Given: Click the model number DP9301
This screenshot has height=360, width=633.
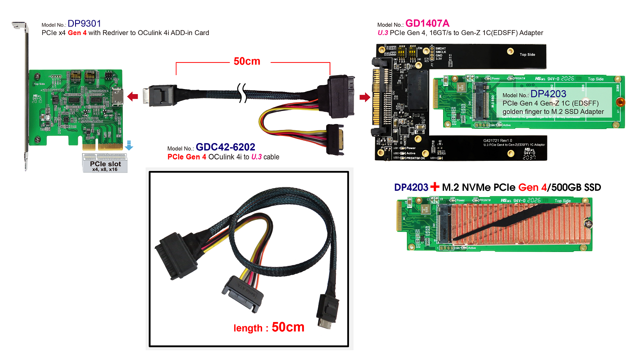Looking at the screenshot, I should pyautogui.click(x=84, y=24).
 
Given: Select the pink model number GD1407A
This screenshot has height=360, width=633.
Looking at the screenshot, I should pyautogui.click(x=427, y=24).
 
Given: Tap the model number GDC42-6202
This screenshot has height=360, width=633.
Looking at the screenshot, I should pyautogui.click(x=225, y=147).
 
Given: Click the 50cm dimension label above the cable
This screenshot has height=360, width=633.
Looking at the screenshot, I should pyautogui.click(x=247, y=62).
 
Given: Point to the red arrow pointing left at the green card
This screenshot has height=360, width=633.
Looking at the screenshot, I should pyautogui.click(x=133, y=97).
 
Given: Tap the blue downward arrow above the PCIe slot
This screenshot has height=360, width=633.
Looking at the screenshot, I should pyautogui.click(x=129, y=146).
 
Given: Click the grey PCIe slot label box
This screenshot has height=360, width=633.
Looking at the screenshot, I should pyautogui.click(x=105, y=163).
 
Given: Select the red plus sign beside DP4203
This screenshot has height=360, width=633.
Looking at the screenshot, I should pyautogui.click(x=435, y=187).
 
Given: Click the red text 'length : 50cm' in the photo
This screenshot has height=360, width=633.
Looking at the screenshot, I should pyautogui.click(x=269, y=327).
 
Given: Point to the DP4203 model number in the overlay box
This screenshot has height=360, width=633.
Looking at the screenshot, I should pyautogui.click(x=548, y=94).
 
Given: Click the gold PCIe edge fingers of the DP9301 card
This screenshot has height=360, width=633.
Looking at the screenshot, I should pyautogui.click(x=103, y=146).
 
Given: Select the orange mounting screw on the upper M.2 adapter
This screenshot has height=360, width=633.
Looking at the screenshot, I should pyautogui.click(x=620, y=102).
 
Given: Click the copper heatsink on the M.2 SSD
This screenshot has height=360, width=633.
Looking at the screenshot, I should pyautogui.click(x=519, y=223).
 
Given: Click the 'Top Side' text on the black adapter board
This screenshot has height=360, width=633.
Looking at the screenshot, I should pyautogui.click(x=527, y=54).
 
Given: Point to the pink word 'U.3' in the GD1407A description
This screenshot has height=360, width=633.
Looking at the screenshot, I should pyautogui.click(x=383, y=33).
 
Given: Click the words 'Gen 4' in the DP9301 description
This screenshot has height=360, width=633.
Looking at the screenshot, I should pyautogui.click(x=77, y=33).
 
